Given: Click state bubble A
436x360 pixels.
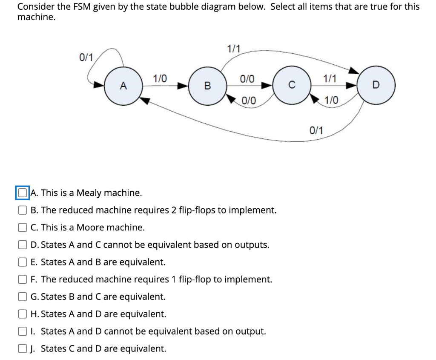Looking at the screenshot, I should coord(123,86).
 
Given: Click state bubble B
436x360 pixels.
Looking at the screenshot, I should coord(207,86).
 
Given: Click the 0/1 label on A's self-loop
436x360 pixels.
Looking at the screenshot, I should coord(86,57).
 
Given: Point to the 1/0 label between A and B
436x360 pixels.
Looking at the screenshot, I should coord(160,78).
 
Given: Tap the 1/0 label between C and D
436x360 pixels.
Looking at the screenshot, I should coord(331,101).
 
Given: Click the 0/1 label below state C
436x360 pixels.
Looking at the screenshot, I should coord(316,130).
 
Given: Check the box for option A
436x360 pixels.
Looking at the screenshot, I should coord(22,193).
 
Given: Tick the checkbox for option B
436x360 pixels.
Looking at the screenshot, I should coord(22,210).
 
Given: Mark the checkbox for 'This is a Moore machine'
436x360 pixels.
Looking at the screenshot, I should coord(22,228).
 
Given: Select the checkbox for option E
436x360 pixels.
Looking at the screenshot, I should coord(22,262).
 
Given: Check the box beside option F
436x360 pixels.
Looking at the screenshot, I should coord(22,279).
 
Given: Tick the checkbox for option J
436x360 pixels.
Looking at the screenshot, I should coord(22,348).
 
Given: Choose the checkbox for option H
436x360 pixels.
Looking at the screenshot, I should coord(22,314).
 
